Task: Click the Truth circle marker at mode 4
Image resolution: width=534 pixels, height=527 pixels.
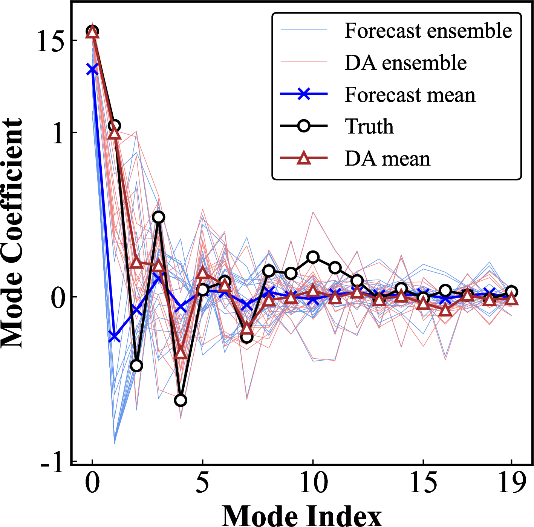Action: click(x=181, y=400)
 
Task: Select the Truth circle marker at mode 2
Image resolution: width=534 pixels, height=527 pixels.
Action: click(x=136, y=366)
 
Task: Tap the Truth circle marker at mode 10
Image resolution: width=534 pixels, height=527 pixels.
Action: click(x=313, y=257)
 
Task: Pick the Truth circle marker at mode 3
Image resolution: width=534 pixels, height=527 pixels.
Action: click(x=159, y=217)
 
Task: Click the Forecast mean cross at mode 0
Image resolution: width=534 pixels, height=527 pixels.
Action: click(x=92, y=70)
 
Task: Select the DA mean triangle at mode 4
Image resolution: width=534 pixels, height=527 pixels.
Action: click(x=181, y=353)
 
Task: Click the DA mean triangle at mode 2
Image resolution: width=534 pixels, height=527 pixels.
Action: click(x=136, y=263)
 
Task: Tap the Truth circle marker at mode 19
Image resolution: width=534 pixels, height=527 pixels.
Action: click(x=511, y=292)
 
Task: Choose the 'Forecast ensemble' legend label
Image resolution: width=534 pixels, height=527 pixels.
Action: click(x=428, y=31)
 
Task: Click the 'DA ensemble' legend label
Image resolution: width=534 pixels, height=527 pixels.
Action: click(x=405, y=63)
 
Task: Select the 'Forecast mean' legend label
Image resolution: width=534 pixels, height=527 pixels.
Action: click(x=410, y=95)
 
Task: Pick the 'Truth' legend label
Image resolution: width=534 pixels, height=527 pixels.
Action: click(x=369, y=126)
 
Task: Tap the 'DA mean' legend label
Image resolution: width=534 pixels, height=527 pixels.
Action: click(x=387, y=158)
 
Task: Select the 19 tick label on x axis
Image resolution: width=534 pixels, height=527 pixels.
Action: click(x=511, y=482)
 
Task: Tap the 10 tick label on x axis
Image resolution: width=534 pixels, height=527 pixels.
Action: click(x=313, y=482)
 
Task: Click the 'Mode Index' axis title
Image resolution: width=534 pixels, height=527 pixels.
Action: click(x=301, y=515)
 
